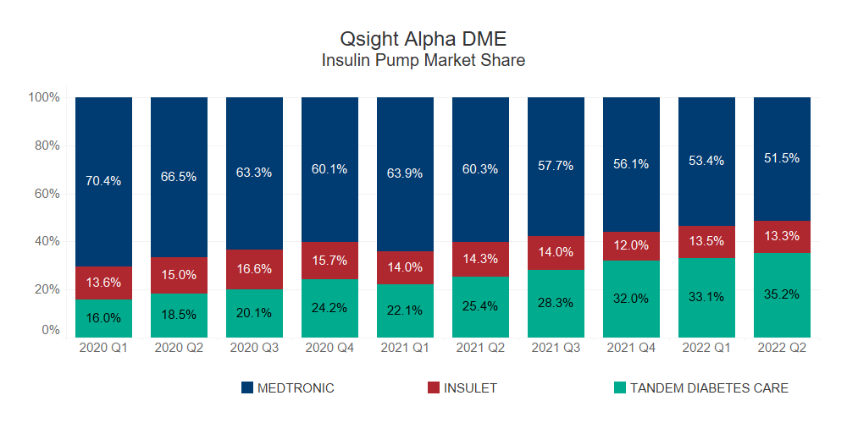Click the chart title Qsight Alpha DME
(x=423, y=39)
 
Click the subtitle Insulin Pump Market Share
(x=423, y=61)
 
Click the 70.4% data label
(x=103, y=180)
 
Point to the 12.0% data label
(x=631, y=245)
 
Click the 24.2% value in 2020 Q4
(x=329, y=308)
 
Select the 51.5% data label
(x=782, y=158)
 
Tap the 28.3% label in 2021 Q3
(x=556, y=303)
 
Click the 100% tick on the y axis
(x=44, y=97)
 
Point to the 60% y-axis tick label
(x=47, y=194)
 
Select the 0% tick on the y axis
(x=50, y=331)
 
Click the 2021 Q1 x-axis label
(x=405, y=348)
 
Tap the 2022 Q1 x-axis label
(x=706, y=348)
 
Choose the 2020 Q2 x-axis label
(x=179, y=348)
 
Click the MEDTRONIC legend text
(x=296, y=388)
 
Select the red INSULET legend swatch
(x=433, y=388)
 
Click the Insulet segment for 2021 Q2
(x=480, y=259)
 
